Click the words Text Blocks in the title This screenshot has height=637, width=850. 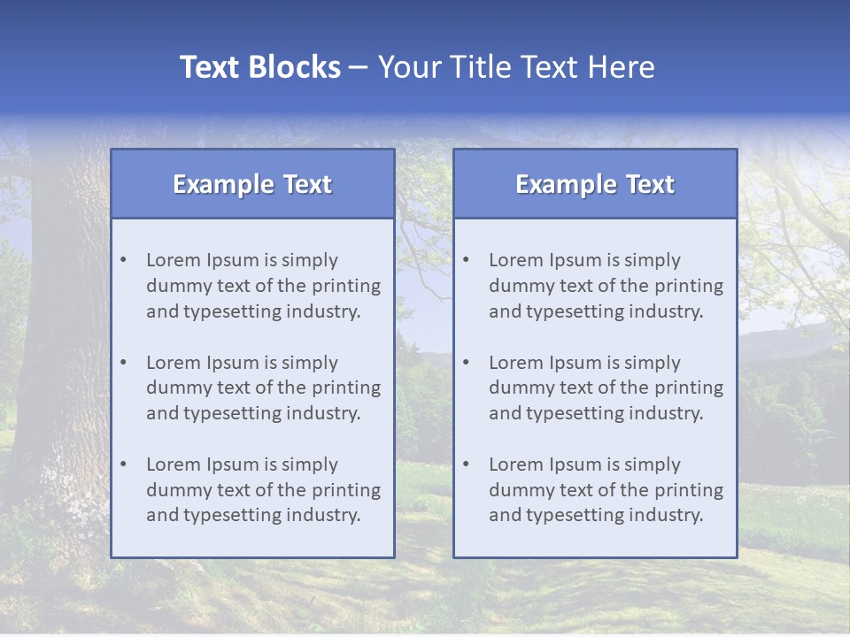point(259,67)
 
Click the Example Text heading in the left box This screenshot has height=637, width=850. point(252,184)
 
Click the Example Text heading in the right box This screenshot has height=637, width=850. point(595,184)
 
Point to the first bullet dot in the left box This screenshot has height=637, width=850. point(123,260)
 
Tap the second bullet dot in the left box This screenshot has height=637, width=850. point(123,363)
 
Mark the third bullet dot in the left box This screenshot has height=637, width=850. point(123,464)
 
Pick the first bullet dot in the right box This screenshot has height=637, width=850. point(466,260)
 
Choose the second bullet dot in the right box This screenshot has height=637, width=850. point(466,363)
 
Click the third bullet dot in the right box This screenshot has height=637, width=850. point(466,464)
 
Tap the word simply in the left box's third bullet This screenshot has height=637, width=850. point(312,464)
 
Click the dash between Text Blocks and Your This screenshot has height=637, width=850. point(359,67)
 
